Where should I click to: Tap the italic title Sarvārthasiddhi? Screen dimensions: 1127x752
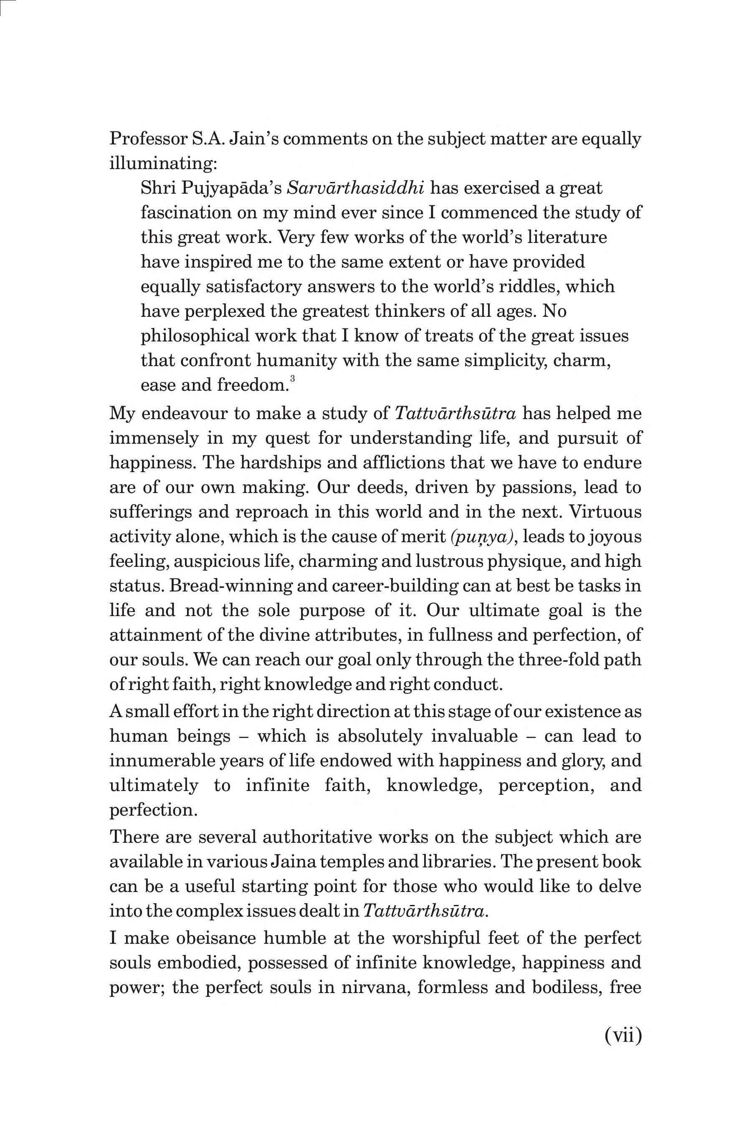pos(355,188)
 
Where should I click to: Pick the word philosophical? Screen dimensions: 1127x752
pos(195,336)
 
